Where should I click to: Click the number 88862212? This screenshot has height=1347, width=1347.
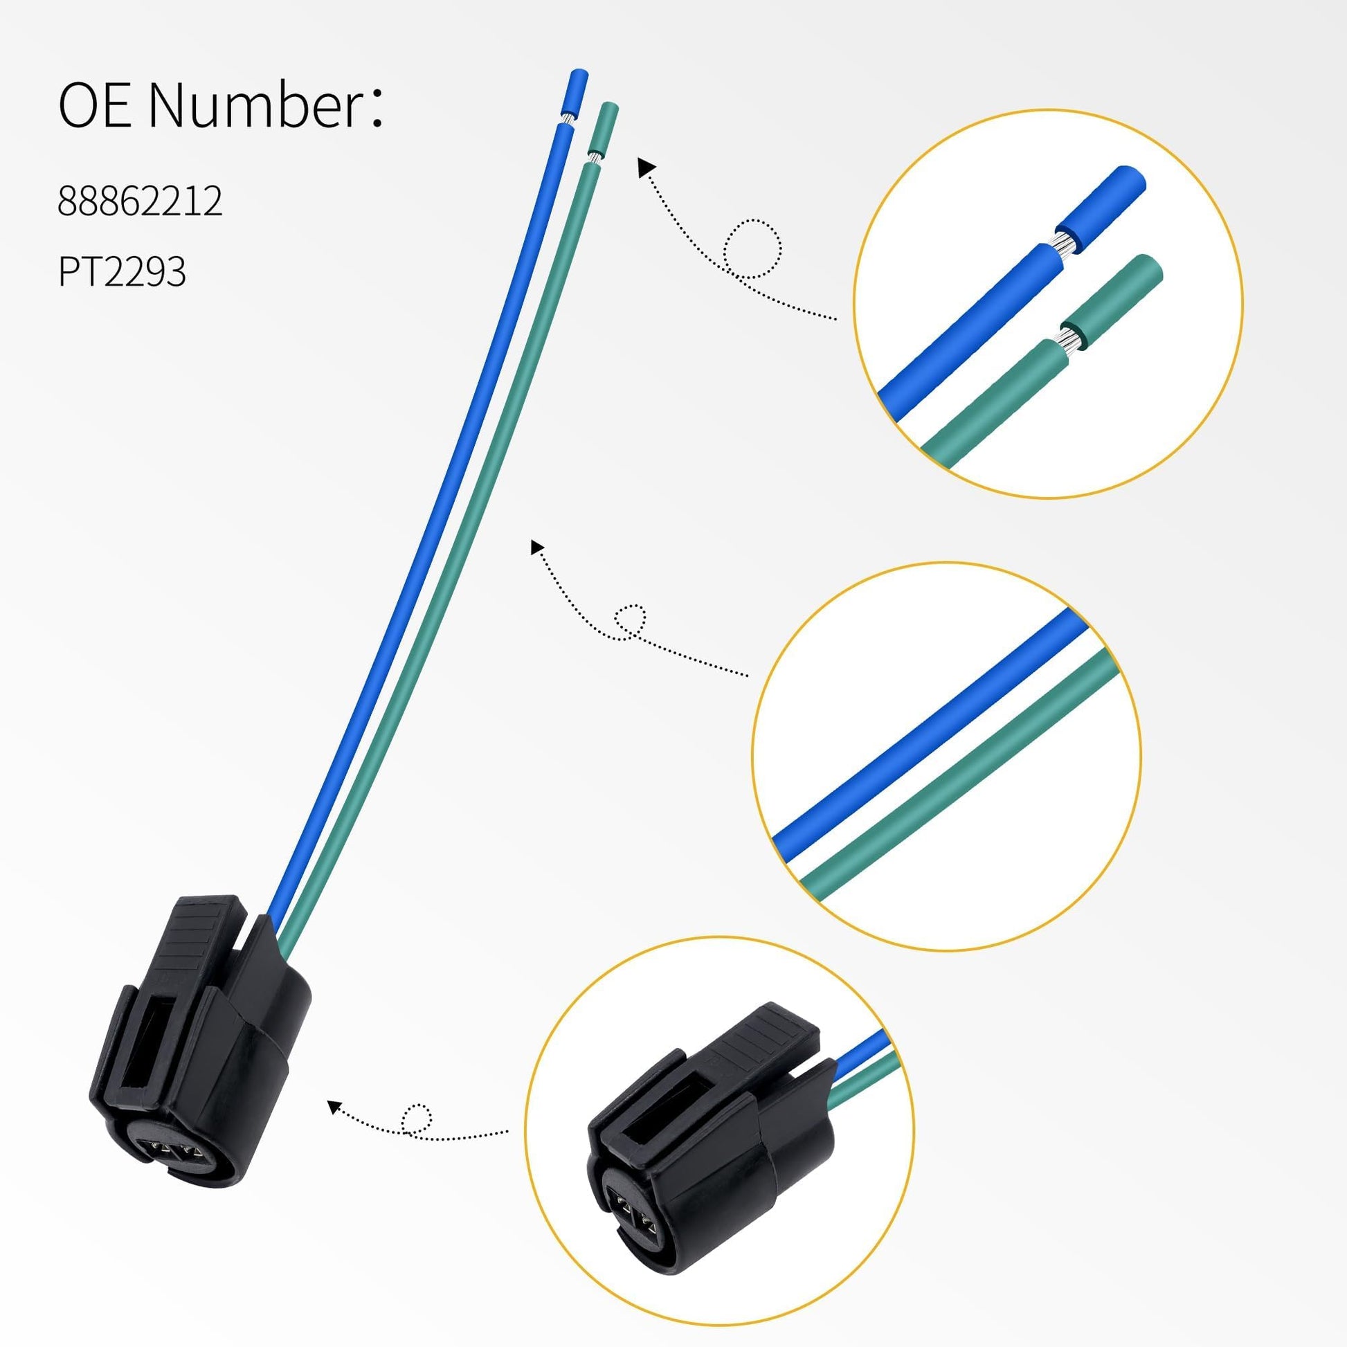140,201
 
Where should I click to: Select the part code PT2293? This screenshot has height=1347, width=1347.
122,271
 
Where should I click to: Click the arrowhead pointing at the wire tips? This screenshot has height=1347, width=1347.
647,168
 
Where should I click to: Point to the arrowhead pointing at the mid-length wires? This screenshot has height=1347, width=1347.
538,547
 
